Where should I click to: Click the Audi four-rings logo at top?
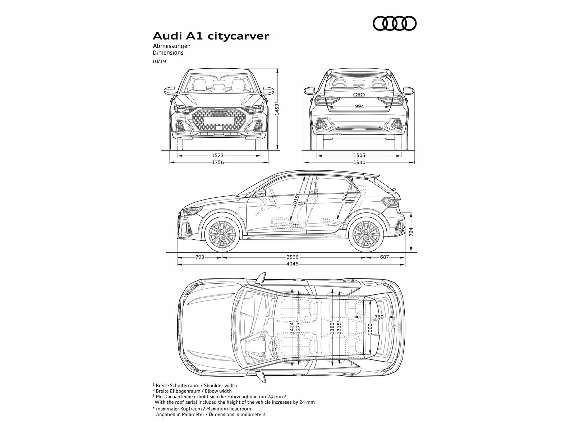pyautogui.click(x=395, y=24)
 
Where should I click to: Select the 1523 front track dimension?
pyautogui.click(x=218, y=156)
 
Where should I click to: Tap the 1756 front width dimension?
pyautogui.click(x=218, y=162)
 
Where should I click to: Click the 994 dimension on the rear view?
pyautogui.click(x=359, y=106)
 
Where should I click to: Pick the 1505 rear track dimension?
pyautogui.click(x=359, y=156)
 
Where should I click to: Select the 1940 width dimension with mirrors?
pyautogui.click(x=359, y=162)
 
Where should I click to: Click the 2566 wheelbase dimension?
pyautogui.click(x=293, y=257)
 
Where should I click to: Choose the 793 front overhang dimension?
pyautogui.click(x=200, y=257)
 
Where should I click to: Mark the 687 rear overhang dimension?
pyautogui.click(x=384, y=257)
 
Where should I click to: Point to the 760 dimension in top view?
pyautogui.click(x=379, y=317)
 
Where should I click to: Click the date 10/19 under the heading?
pyautogui.click(x=159, y=61)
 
